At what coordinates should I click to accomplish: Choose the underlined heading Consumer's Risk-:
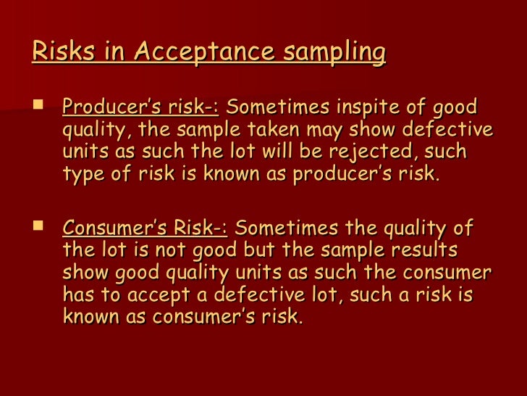coord(145,228)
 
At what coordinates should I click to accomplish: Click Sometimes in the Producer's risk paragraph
coord(279,108)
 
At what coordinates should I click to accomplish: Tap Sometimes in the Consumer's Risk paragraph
coord(287,228)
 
